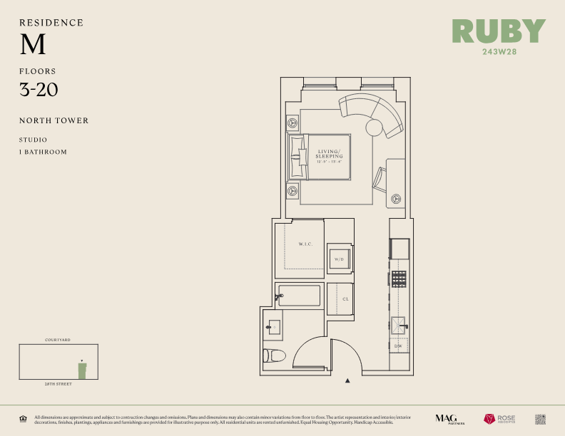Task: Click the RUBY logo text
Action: (x=499, y=31)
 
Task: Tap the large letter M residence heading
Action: (x=33, y=45)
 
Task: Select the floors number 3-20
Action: (x=39, y=90)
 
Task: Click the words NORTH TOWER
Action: (x=54, y=120)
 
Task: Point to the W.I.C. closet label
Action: (x=306, y=245)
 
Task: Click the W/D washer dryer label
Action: (x=339, y=259)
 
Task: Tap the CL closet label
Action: (x=345, y=299)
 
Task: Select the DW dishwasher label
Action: (x=398, y=346)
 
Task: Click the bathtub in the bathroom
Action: (x=300, y=296)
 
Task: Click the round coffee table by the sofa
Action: (x=375, y=128)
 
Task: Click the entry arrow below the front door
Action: (x=347, y=381)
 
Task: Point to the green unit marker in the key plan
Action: (x=83, y=370)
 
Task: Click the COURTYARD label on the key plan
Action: (x=58, y=341)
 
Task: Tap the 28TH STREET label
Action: (x=58, y=384)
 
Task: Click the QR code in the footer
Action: (x=540, y=419)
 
